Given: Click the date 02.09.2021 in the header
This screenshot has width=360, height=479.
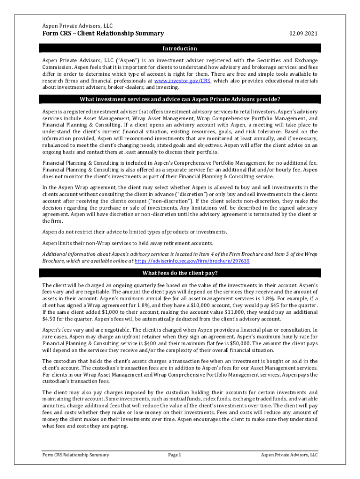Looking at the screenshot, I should (x=303, y=34).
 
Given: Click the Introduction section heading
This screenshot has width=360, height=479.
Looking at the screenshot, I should (x=180, y=48).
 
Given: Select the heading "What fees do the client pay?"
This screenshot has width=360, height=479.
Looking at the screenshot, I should (x=180, y=273).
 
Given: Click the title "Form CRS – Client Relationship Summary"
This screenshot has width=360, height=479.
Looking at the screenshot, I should (x=103, y=34).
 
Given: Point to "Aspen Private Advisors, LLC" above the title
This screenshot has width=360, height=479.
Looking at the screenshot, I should (x=77, y=26).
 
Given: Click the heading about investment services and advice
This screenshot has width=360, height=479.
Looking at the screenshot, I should (x=180, y=99).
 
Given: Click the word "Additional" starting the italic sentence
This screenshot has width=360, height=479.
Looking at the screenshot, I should (x=55, y=254).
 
